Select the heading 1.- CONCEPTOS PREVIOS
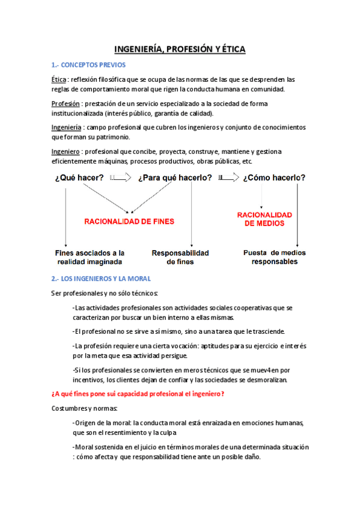[88, 65]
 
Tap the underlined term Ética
[59, 79]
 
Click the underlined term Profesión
[66, 103]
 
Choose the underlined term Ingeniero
[65, 151]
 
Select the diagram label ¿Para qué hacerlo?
[175, 177]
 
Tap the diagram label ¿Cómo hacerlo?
[274, 177]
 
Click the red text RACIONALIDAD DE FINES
[129, 221]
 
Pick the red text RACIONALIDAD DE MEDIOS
[264, 219]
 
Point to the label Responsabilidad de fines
[180, 257]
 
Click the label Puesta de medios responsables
[274, 257]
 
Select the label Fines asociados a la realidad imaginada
[90, 257]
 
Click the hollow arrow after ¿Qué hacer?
[121, 177]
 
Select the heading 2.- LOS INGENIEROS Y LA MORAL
[101, 278]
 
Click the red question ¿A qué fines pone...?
[139, 393]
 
